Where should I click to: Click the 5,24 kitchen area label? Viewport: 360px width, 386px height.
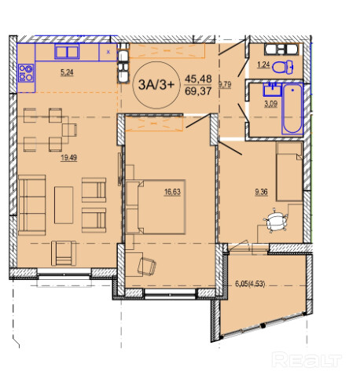pos(67,72)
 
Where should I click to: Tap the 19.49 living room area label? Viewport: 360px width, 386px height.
pos(68,158)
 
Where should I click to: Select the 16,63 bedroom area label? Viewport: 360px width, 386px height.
pos(172,192)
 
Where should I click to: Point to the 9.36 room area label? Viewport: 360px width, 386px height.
pos(261,192)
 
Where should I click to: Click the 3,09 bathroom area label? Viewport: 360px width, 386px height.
pos(270,104)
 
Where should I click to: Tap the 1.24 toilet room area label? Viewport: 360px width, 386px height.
pos(263,64)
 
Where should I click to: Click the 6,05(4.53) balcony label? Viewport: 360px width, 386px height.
pos(250,284)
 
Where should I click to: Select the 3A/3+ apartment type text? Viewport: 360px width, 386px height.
pos(156,85)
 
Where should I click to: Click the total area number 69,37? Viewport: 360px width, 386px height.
pos(198,91)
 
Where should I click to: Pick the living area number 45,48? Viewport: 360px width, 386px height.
pos(198,79)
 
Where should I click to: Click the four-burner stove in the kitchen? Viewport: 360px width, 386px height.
pos(26,73)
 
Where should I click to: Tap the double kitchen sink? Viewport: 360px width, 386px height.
pos(67,52)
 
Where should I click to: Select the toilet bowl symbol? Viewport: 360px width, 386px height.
pos(282,67)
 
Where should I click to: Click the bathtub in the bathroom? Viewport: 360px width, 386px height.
pos(292,109)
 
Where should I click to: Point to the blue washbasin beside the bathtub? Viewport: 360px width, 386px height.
pos(272,89)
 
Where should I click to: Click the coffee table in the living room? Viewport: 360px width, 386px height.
pos(64,205)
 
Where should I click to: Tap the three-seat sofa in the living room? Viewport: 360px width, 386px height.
pos(32,205)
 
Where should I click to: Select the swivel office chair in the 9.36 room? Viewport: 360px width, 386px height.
pos(276,220)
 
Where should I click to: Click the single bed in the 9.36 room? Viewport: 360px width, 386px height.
pos(289,171)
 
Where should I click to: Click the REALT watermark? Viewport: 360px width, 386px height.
pos(307,360)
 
